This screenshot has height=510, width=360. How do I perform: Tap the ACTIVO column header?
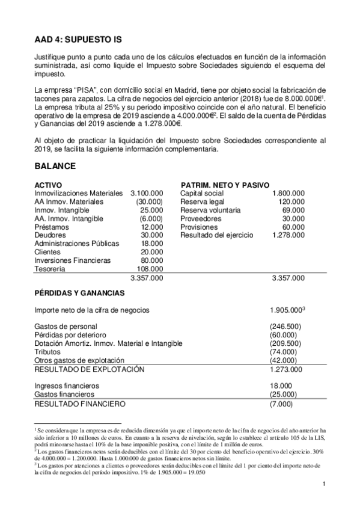coord(49,185)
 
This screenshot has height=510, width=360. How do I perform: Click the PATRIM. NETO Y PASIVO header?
coord(224,185)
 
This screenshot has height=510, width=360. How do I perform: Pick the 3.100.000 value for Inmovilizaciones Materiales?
coord(146,193)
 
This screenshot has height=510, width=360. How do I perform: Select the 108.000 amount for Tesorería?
coord(150,269)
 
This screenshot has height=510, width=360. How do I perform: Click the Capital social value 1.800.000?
coord(287,193)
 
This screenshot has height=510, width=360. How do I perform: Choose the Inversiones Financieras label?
coord(73,260)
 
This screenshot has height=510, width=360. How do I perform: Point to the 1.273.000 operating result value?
coord(286,369)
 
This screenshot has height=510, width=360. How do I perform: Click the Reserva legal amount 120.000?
coord(291,201)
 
